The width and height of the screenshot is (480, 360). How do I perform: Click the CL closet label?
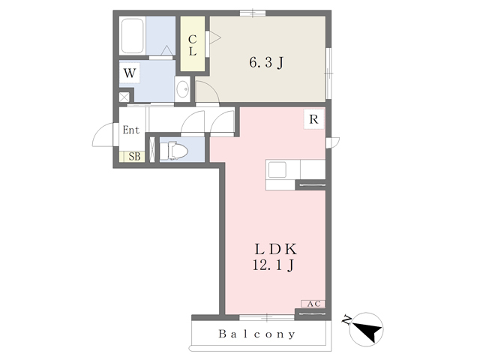(x=193, y=45)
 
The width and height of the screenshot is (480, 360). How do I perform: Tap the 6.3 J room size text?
(x=266, y=63)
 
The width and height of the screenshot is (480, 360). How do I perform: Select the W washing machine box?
(x=130, y=73)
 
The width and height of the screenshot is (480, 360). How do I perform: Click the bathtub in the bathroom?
(x=133, y=36)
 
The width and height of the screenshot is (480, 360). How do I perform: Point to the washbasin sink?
(x=183, y=89)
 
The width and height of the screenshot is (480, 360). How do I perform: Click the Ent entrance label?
(x=130, y=130)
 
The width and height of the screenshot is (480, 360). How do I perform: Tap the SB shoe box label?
(x=134, y=157)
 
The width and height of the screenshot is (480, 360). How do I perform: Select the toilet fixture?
(x=173, y=150)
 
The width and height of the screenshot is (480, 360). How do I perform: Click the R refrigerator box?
(x=313, y=119)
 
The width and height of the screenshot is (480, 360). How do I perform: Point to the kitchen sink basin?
(x=277, y=169)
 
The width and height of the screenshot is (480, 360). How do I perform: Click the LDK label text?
(x=276, y=250)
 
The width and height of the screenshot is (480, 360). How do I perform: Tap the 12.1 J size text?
(x=273, y=265)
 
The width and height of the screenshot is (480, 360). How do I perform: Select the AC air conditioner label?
(x=313, y=304)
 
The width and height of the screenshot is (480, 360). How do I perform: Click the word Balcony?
(x=257, y=334)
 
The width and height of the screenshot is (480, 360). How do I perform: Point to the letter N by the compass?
(x=346, y=320)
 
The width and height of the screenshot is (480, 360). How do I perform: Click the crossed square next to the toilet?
(x=151, y=149)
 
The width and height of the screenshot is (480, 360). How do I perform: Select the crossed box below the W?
(x=124, y=97)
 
